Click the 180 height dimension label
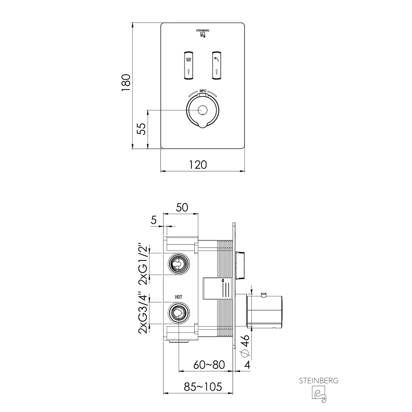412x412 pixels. [x=126, y=82]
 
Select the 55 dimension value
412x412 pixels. [x=142, y=129]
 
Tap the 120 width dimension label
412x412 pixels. [x=198, y=165]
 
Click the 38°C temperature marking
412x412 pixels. [x=203, y=91]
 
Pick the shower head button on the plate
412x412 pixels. [x=188, y=65]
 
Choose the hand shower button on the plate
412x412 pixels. [x=217, y=65]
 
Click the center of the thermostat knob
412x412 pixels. [x=203, y=110]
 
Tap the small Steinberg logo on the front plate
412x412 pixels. [x=203, y=34]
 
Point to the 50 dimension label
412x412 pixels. [x=182, y=208]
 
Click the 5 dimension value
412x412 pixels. [x=154, y=220]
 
